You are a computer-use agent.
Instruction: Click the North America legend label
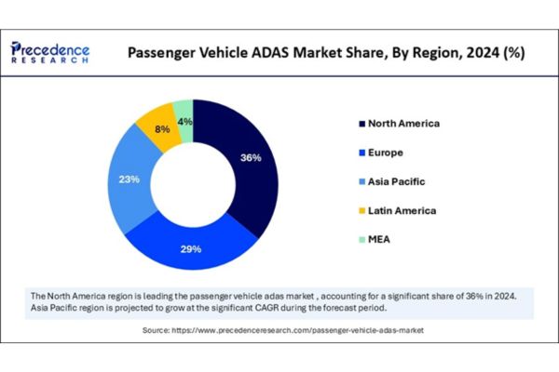[403, 123]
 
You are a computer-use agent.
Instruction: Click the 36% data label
[251, 158]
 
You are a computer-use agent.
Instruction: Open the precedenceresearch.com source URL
[310, 330]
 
